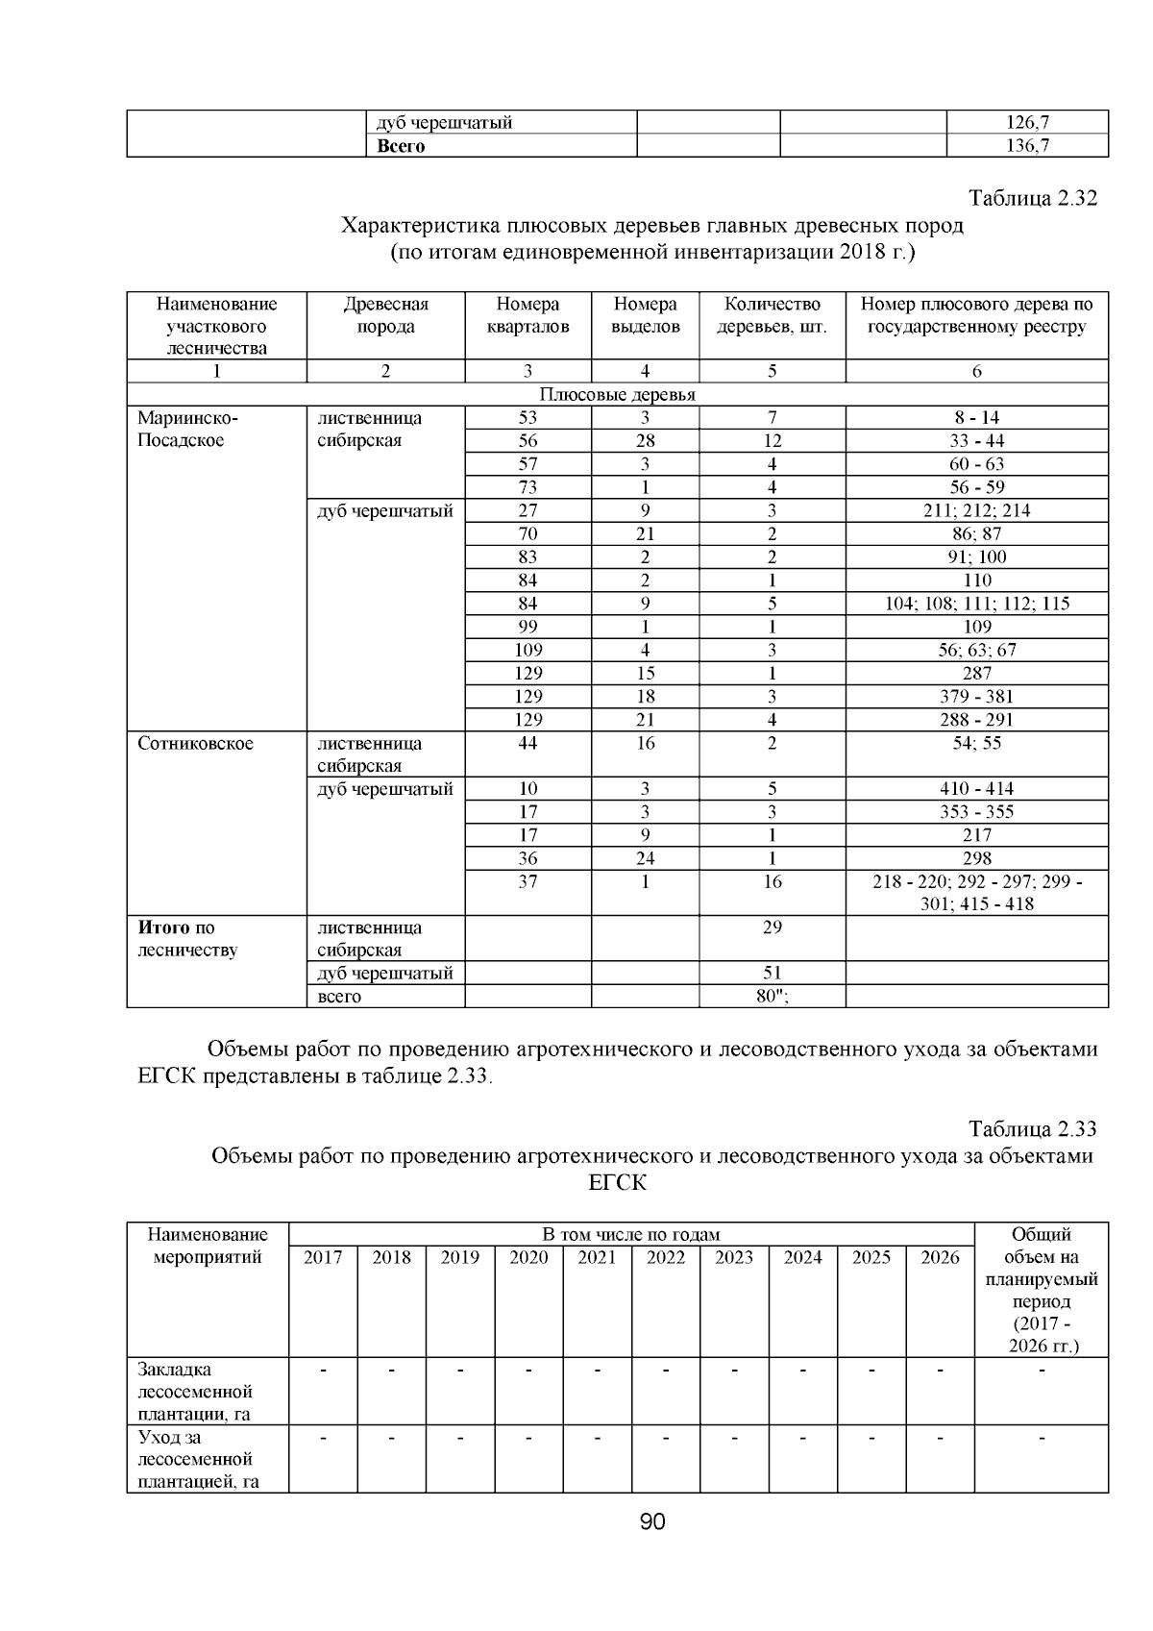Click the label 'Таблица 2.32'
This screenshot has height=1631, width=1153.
(x=1032, y=199)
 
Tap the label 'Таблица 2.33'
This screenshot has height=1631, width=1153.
(x=1032, y=1128)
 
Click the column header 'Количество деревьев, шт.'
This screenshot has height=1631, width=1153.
(x=772, y=315)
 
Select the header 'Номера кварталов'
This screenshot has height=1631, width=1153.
(x=527, y=315)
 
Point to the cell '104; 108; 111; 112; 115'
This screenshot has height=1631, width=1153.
(x=976, y=604)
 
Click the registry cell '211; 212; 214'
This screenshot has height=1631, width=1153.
(x=976, y=510)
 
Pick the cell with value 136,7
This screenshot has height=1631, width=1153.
(x=1027, y=146)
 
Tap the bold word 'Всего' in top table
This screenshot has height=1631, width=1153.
(x=401, y=146)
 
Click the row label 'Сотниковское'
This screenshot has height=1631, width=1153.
(x=195, y=743)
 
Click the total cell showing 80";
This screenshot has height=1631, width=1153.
(x=772, y=996)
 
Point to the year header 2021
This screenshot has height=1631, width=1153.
(x=597, y=1257)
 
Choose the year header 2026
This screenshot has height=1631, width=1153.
(x=940, y=1257)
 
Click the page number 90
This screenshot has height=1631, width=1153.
(x=652, y=1521)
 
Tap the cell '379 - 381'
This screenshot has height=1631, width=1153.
(x=976, y=697)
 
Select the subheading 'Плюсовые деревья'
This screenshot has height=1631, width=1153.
(x=617, y=395)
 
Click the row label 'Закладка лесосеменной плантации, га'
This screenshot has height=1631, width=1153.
(x=195, y=1391)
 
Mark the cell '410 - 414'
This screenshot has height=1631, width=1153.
(x=976, y=789)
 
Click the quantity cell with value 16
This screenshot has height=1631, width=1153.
(x=772, y=881)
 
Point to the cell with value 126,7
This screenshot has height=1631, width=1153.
(x=1027, y=122)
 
